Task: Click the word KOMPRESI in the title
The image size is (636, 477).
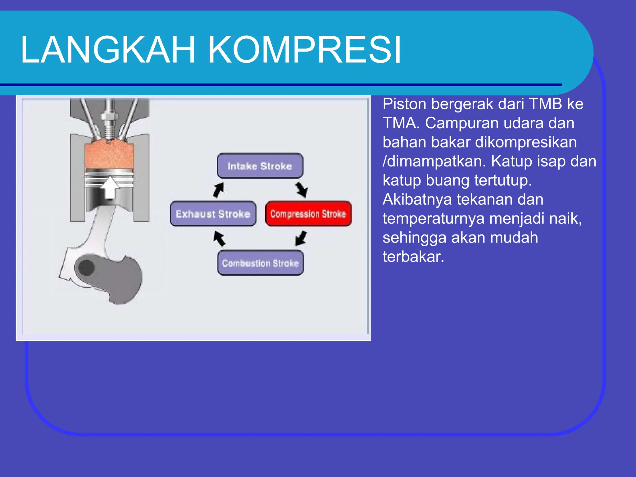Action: click(304, 50)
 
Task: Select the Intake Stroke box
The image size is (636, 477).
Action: click(260, 166)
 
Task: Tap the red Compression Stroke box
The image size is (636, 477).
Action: click(308, 214)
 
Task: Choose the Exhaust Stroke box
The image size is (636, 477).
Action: click(213, 214)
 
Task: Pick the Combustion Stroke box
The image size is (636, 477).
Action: click(260, 263)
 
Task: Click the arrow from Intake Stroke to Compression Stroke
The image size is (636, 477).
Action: click(302, 190)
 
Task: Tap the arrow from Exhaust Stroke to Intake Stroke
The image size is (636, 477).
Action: click(219, 190)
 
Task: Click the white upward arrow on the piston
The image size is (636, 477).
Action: click(110, 188)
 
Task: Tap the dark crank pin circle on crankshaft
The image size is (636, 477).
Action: click(87, 267)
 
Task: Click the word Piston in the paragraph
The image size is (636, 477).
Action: click(404, 104)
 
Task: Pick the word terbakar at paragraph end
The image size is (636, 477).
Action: click(413, 257)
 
